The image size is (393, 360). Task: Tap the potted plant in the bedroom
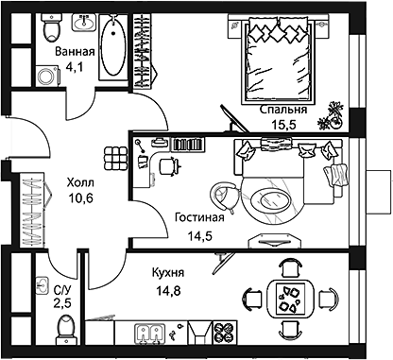[x=331, y=115]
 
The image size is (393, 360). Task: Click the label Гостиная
[x=198, y=216]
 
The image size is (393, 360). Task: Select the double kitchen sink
[x=148, y=333]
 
